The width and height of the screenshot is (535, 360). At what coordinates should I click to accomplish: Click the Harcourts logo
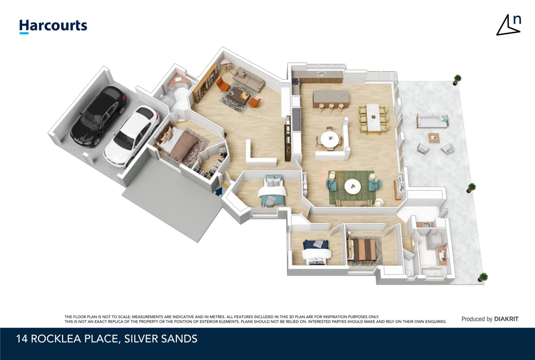tap(53, 26)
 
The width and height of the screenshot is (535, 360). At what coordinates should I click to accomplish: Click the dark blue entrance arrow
tap(219, 191)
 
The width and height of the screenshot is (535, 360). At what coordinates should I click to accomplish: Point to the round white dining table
tap(330, 138)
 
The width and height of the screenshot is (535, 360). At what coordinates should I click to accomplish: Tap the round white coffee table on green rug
tap(353, 186)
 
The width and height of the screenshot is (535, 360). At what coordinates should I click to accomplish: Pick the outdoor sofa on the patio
tap(432, 121)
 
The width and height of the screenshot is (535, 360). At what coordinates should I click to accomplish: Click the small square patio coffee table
tap(434, 138)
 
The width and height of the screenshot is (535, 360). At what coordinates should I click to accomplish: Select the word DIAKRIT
tap(506, 319)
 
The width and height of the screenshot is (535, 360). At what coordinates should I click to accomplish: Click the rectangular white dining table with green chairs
tap(374, 118)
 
